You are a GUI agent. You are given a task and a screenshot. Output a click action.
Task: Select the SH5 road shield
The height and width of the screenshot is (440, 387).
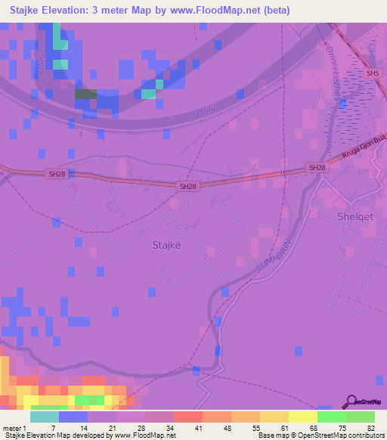pyautogui.click(x=370, y=73)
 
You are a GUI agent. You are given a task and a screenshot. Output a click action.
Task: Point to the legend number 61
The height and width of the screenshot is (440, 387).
pyautogui.click(x=283, y=427)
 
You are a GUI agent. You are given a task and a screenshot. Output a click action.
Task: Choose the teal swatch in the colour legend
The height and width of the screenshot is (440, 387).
pyautogui.click(x=45, y=417)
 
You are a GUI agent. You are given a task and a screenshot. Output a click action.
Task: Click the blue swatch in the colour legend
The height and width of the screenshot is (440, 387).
pyautogui.click(x=73, y=417)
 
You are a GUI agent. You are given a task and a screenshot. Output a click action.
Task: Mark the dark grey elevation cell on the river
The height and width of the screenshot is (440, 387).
pyautogui.click(x=85, y=95)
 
